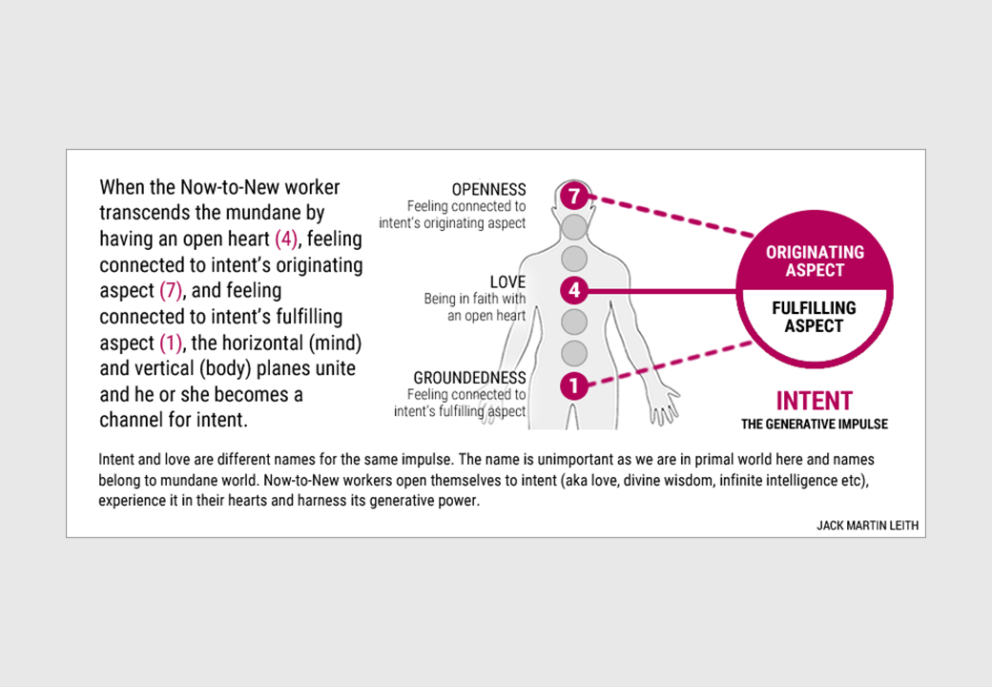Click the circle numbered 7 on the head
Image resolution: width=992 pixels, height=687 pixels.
(574, 197)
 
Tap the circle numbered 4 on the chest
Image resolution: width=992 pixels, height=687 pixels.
(574, 290)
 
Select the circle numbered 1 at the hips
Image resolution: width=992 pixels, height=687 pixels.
(574, 385)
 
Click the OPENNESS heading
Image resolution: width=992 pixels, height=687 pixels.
(488, 189)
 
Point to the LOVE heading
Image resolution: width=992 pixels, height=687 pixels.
(507, 282)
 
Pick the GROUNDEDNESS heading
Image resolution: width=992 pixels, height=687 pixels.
(469, 378)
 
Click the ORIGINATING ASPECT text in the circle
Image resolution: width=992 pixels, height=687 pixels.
(815, 260)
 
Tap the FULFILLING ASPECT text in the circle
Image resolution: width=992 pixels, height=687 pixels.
(815, 316)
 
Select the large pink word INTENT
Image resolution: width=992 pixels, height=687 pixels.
(815, 401)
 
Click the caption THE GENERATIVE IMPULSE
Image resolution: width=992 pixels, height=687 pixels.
(815, 425)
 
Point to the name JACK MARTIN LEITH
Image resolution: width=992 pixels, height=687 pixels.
(867, 526)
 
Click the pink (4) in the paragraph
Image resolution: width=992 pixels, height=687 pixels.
(286, 239)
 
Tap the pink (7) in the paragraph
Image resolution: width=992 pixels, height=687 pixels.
(171, 290)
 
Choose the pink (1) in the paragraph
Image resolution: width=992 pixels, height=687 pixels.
(171, 343)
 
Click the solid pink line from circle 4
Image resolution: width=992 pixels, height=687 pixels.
(662, 291)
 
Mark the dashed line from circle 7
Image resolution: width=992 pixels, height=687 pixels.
(672, 217)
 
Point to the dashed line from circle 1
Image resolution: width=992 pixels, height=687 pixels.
(671, 364)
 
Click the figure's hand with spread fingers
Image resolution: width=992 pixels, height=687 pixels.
(663, 406)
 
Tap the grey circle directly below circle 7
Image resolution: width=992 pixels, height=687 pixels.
(574, 227)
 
